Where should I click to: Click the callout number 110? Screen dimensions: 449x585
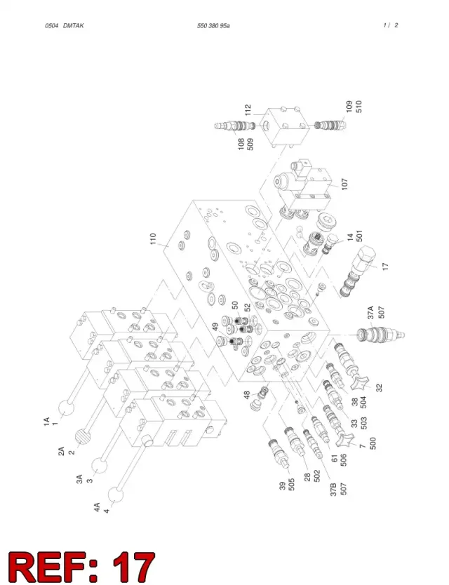coord(153,238)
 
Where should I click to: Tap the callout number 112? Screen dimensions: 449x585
coord(248,110)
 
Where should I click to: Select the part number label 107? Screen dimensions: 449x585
coord(344,184)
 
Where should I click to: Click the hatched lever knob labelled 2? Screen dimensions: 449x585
coord(84,437)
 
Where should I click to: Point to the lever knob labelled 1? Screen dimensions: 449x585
coord(67,408)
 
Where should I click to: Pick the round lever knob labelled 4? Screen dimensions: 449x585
coord(116,495)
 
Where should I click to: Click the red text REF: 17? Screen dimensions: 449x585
coord(81,567)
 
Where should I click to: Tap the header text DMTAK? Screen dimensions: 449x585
coord(73,26)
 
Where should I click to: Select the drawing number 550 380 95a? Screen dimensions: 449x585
coord(213,26)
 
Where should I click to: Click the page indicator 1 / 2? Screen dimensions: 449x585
coord(390,25)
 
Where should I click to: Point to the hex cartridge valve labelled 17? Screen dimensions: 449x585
coord(357,271)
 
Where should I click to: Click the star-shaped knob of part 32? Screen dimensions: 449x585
coord(359,384)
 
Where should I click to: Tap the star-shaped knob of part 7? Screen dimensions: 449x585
coord(344,441)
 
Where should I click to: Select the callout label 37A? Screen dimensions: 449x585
coord(370,312)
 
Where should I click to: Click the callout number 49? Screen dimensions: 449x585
coord(215,327)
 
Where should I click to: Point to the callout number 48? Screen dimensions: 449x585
coord(247,395)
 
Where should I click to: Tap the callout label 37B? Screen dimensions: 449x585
coord(334,489)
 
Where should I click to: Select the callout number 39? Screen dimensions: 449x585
coord(283,486)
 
